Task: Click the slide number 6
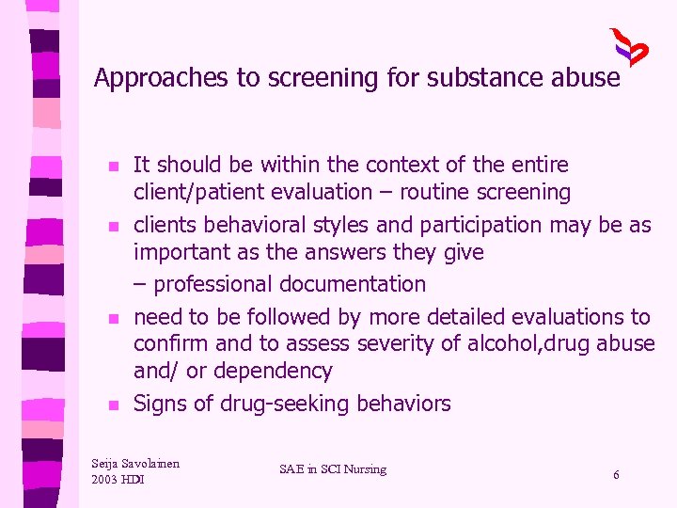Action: point(616,475)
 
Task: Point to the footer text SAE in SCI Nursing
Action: point(333,469)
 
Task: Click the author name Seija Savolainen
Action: point(135,463)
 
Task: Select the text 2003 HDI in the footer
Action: point(118,480)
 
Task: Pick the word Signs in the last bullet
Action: point(159,405)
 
